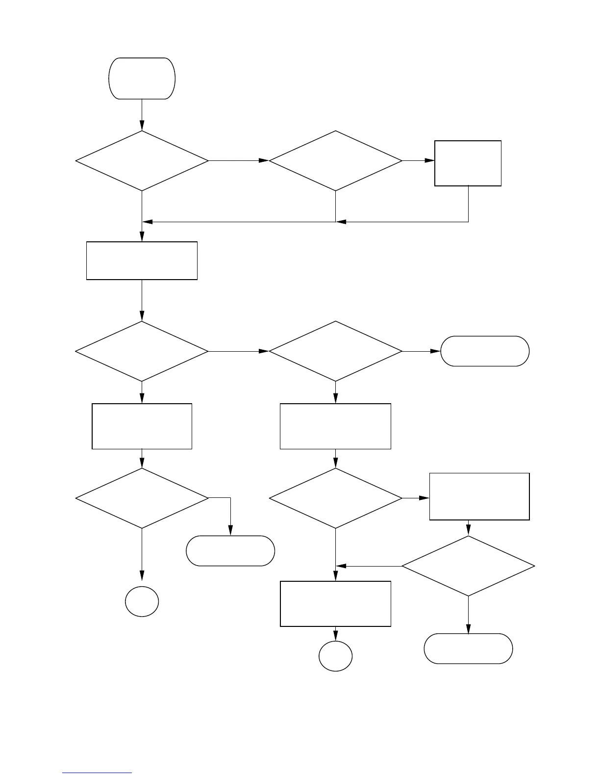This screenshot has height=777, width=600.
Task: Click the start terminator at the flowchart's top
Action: [x=142, y=78]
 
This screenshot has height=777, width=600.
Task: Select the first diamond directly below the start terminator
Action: [x=142, y=160]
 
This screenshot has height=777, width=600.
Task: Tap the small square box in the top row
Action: [x=468, y=163]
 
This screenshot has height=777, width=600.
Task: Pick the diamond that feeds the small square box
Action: [x=335, y=160]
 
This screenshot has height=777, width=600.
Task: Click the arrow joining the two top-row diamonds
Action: [x=239, y=160]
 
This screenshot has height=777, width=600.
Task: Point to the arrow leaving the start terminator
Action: [x=142, y=115]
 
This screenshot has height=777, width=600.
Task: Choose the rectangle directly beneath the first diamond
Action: [x=142, y=260]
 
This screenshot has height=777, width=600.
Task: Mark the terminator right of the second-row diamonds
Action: [x=485, y=351]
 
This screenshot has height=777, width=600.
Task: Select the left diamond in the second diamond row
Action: [x=142, y=351]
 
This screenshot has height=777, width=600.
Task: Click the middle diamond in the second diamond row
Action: [x=335, y=351]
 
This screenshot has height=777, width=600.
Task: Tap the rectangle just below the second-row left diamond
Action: [x=142, y=426]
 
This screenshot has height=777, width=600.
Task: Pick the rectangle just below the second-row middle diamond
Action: [x=335, y=426]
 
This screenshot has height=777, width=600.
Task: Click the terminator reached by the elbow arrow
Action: [x=230, y=551]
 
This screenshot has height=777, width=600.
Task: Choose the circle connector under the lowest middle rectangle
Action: [x=335, y=656]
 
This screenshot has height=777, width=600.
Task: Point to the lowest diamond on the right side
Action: [x=468, y=566]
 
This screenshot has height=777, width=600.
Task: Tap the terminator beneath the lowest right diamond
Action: [x=468, y=648]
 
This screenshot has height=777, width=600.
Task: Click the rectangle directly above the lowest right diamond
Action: [x=479, y=496]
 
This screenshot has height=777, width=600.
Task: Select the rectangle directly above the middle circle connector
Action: [x=335, y=604]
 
